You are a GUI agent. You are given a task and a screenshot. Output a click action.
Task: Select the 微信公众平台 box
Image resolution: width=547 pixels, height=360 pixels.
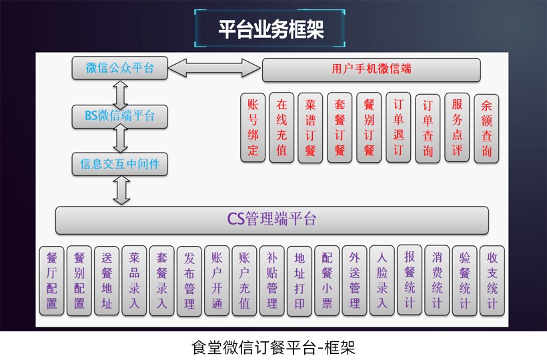[120, 68]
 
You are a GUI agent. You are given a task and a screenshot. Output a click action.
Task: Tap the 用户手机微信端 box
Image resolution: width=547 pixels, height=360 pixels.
[371, 69]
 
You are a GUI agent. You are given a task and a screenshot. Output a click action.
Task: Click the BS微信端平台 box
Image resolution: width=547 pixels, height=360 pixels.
[120, 116]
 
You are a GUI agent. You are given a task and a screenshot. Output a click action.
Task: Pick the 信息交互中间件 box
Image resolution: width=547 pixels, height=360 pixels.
[120, 163]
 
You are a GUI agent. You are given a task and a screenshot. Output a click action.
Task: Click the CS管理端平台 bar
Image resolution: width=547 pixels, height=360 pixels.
[271, 219]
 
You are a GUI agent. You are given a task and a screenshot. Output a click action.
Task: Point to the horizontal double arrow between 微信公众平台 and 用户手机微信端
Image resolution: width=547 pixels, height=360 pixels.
[213, 68]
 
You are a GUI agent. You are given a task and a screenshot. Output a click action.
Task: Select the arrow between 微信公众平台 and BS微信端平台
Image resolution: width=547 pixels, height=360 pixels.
[121, 92]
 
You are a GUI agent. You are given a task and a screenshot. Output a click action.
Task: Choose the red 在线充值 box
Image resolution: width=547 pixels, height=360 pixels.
[282, 127]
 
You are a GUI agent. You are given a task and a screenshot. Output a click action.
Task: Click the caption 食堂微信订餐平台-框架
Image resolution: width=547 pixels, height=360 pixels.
[273, 347]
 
